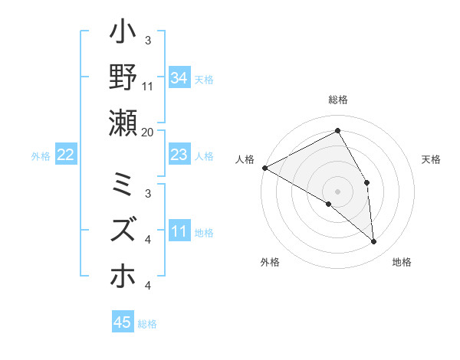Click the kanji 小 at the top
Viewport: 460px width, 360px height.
point(123,34)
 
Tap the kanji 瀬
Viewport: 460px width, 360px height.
point(123,123)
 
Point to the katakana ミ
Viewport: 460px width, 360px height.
point(123,186)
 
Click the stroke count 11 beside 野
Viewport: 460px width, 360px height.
point(148,87)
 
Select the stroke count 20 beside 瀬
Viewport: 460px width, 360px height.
point(148,132)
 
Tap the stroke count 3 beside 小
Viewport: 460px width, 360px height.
point(148,41)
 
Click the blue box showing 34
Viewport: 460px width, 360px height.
point(179,78)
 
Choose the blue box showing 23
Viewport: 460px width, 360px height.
point(179,155)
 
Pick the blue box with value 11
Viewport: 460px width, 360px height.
point(179,231)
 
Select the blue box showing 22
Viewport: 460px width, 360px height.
point(66,155)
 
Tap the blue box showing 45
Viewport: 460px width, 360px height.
point(122,322)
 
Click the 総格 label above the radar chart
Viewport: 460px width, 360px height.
point(338,100)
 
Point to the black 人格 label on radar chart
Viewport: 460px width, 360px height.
point(245,159)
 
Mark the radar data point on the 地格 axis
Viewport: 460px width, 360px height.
point(373,242)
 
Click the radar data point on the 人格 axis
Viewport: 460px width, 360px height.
point(264,167)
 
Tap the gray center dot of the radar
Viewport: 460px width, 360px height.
point(338,191)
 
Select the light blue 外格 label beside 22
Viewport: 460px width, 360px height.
point(41,156)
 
